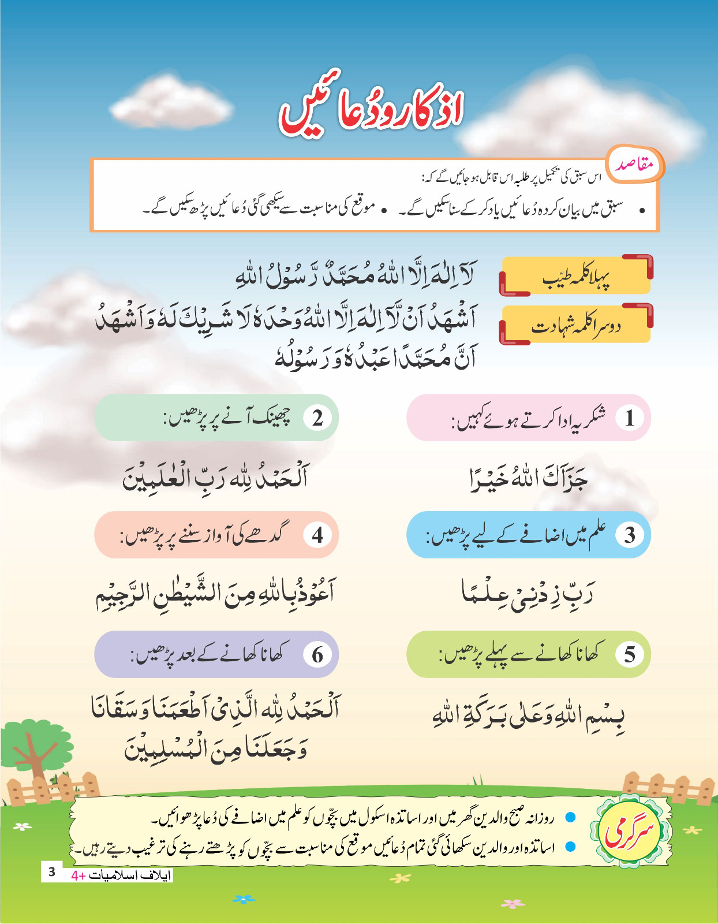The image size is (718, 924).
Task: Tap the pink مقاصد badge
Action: (634, 165)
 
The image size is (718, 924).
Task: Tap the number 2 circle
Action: (317, 418)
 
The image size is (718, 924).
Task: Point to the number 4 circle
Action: (317, 535)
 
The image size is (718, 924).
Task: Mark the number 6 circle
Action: (317, 655)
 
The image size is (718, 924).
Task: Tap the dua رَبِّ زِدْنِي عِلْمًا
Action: (528, 594)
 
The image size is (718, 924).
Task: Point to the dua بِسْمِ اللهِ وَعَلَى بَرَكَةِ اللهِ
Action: (528, 715)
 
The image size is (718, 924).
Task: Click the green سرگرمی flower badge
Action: (630, 832)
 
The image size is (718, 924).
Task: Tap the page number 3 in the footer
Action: (51, 871)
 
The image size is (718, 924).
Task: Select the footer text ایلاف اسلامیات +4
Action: (121, 875)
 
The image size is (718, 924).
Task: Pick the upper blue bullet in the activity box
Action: (570, 817)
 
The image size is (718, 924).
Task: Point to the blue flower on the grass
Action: (245, 899)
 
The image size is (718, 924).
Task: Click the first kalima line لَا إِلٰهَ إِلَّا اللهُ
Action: (355, 274)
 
